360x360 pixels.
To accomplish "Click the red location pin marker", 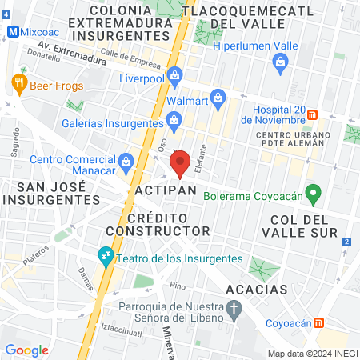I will point(180,163).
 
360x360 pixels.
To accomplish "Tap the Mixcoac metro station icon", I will point(12,33).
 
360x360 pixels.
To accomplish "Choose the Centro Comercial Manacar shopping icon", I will point(126,162).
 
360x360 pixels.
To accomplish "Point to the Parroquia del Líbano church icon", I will point(234,308).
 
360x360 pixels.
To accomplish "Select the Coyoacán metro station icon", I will point(319,322).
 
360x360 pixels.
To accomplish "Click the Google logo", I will point(27,350).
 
